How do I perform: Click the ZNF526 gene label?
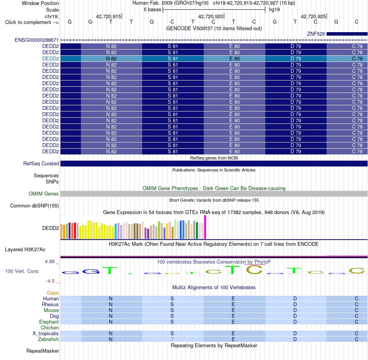click(316, 34)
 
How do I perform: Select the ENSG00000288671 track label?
click(37, 40)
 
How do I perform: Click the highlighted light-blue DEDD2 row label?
click(50, 58)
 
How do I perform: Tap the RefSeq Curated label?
click(41, 163)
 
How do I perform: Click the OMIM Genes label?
click(44, 194)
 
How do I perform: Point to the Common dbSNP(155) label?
click(34, 206)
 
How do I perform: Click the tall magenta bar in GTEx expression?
click(205, 227)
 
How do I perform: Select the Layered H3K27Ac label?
click(25, 250)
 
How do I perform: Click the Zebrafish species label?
click(48, 339)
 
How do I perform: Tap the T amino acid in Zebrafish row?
click(172, 339)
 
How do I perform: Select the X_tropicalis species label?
click(46, 333)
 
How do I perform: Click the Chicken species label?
click(50, 327)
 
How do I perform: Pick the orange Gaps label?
click(53, 293)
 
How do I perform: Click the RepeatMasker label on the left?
click(43, 351)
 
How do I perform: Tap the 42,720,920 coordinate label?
click(211, 16)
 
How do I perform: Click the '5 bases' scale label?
click(153, 10)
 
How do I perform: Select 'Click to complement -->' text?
click(32, 22)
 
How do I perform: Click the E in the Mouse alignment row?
click(233, 310)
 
